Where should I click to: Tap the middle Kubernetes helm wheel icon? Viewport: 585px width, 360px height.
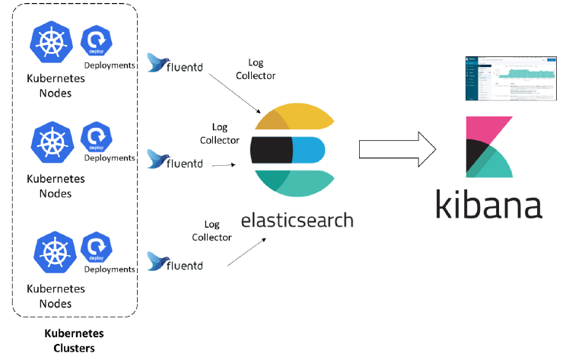tap(52, 140)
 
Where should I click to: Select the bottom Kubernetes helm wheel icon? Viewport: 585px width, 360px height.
tap(52, 252)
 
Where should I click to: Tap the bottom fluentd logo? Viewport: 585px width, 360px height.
tap(176, 264)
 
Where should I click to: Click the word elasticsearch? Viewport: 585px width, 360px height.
tap(297, 221)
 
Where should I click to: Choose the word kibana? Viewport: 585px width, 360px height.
tap(489, 205)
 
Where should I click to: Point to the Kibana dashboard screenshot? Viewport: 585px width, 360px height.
tap(510, 78)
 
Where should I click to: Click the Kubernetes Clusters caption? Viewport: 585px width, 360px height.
tap(74, 341)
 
